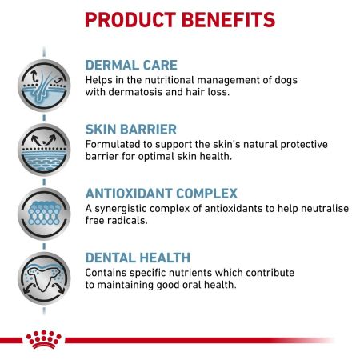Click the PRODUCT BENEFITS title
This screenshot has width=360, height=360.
click(179, 18)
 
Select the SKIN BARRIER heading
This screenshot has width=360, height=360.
click(133, 129)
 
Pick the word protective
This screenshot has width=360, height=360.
click(290, 144)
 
